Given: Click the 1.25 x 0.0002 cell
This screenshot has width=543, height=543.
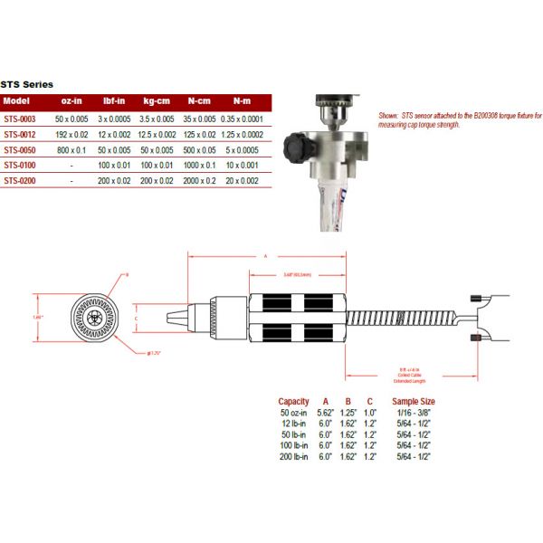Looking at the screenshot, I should [242, 133].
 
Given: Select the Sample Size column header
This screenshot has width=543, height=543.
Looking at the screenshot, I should [413, 401].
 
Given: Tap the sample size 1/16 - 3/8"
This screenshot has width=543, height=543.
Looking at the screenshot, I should [413, 413].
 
